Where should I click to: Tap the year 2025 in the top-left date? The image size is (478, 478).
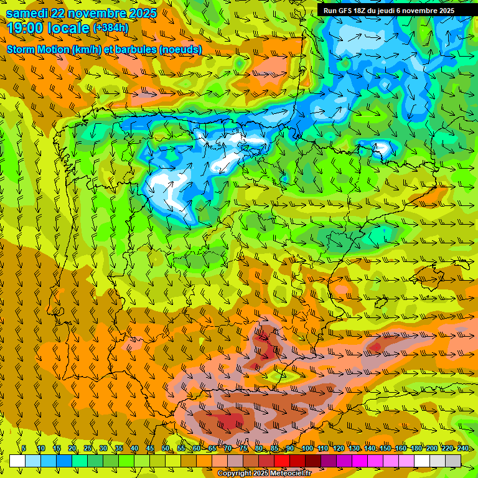140,13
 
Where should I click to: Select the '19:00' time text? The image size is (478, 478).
25,27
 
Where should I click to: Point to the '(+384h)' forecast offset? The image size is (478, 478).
111,28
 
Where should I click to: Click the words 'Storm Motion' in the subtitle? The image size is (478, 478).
37,50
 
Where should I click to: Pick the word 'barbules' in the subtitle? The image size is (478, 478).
136,50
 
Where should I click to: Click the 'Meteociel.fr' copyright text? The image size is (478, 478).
287,474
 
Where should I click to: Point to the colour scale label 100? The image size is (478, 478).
307,449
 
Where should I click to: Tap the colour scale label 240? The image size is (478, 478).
463,449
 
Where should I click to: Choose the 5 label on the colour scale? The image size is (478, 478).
24,449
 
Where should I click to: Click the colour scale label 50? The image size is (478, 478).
166,449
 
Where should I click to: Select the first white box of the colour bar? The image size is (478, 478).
17,461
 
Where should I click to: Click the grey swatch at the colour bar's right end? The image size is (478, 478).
453,461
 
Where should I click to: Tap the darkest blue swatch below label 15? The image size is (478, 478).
64,461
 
